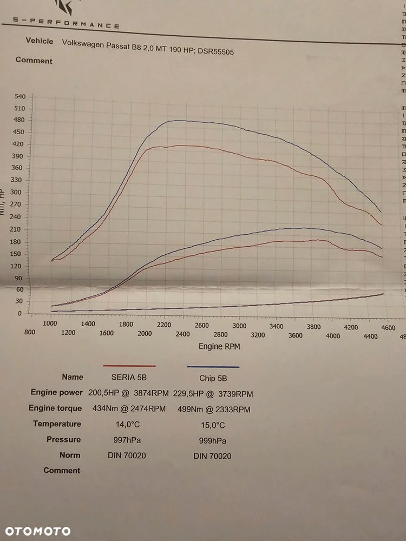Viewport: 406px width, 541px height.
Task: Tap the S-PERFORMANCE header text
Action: click(66, 23)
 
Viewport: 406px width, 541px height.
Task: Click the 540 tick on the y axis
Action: click(20, 97)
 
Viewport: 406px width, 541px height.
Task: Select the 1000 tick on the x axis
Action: click(50, 323)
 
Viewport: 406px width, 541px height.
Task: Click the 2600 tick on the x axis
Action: click(202, 325)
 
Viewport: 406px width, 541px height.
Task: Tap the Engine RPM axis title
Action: click(219, 346)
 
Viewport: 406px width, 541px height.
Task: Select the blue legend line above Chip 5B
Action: click(213, 367)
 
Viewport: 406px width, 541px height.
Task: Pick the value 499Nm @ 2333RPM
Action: click(214, 409)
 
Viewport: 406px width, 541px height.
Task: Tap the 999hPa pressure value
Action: click(212, 440)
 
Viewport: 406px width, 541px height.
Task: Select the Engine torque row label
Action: click(56, 408)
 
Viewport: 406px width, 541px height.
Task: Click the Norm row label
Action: click(70, 455)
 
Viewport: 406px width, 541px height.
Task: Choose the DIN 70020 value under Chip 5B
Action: click(212, 456)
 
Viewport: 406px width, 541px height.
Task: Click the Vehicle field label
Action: click(40, 41)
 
